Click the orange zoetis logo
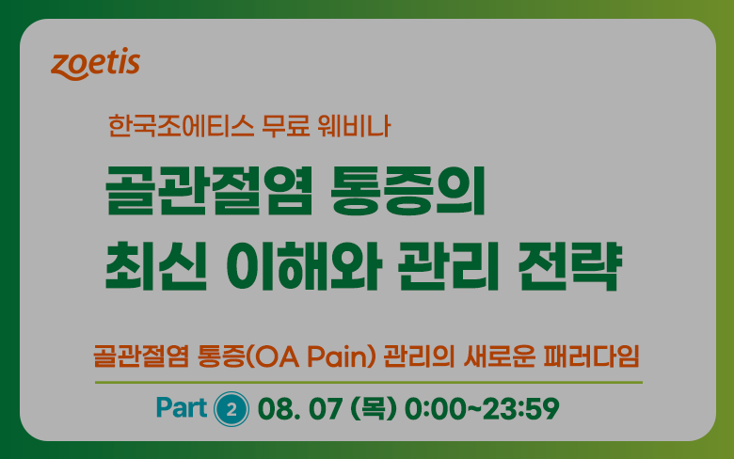point(95,64)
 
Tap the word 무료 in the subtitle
point(285,126)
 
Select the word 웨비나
point(354,126)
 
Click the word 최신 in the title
point(156,266)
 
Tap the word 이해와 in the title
point(304,266)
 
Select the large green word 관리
point(449,266)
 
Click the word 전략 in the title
point(569,266)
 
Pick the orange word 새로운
point(500,356)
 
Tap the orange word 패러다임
point(592,356)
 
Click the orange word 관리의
point(420,356)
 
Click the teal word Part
point(182,407)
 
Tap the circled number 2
point(231,409)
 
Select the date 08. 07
point(299,408)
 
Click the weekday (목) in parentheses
point(373,408)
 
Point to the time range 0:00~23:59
point(482,408)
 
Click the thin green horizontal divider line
point(369,382)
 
